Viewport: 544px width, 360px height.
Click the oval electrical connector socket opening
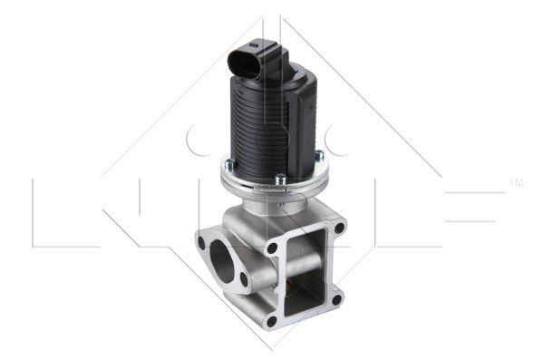click(x=246, y=64)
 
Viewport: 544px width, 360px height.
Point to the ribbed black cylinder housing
click(x=263, y=127)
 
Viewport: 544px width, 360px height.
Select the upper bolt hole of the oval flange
click(x=201, y=243)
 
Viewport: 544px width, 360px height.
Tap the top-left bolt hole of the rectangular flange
click(x=272, y=245)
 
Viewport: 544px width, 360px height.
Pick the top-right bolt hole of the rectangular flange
click(x=339, y=229)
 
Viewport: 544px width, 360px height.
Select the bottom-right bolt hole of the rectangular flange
click(x=336, y=298)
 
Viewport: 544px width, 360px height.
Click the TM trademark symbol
click(x=517, y=185)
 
